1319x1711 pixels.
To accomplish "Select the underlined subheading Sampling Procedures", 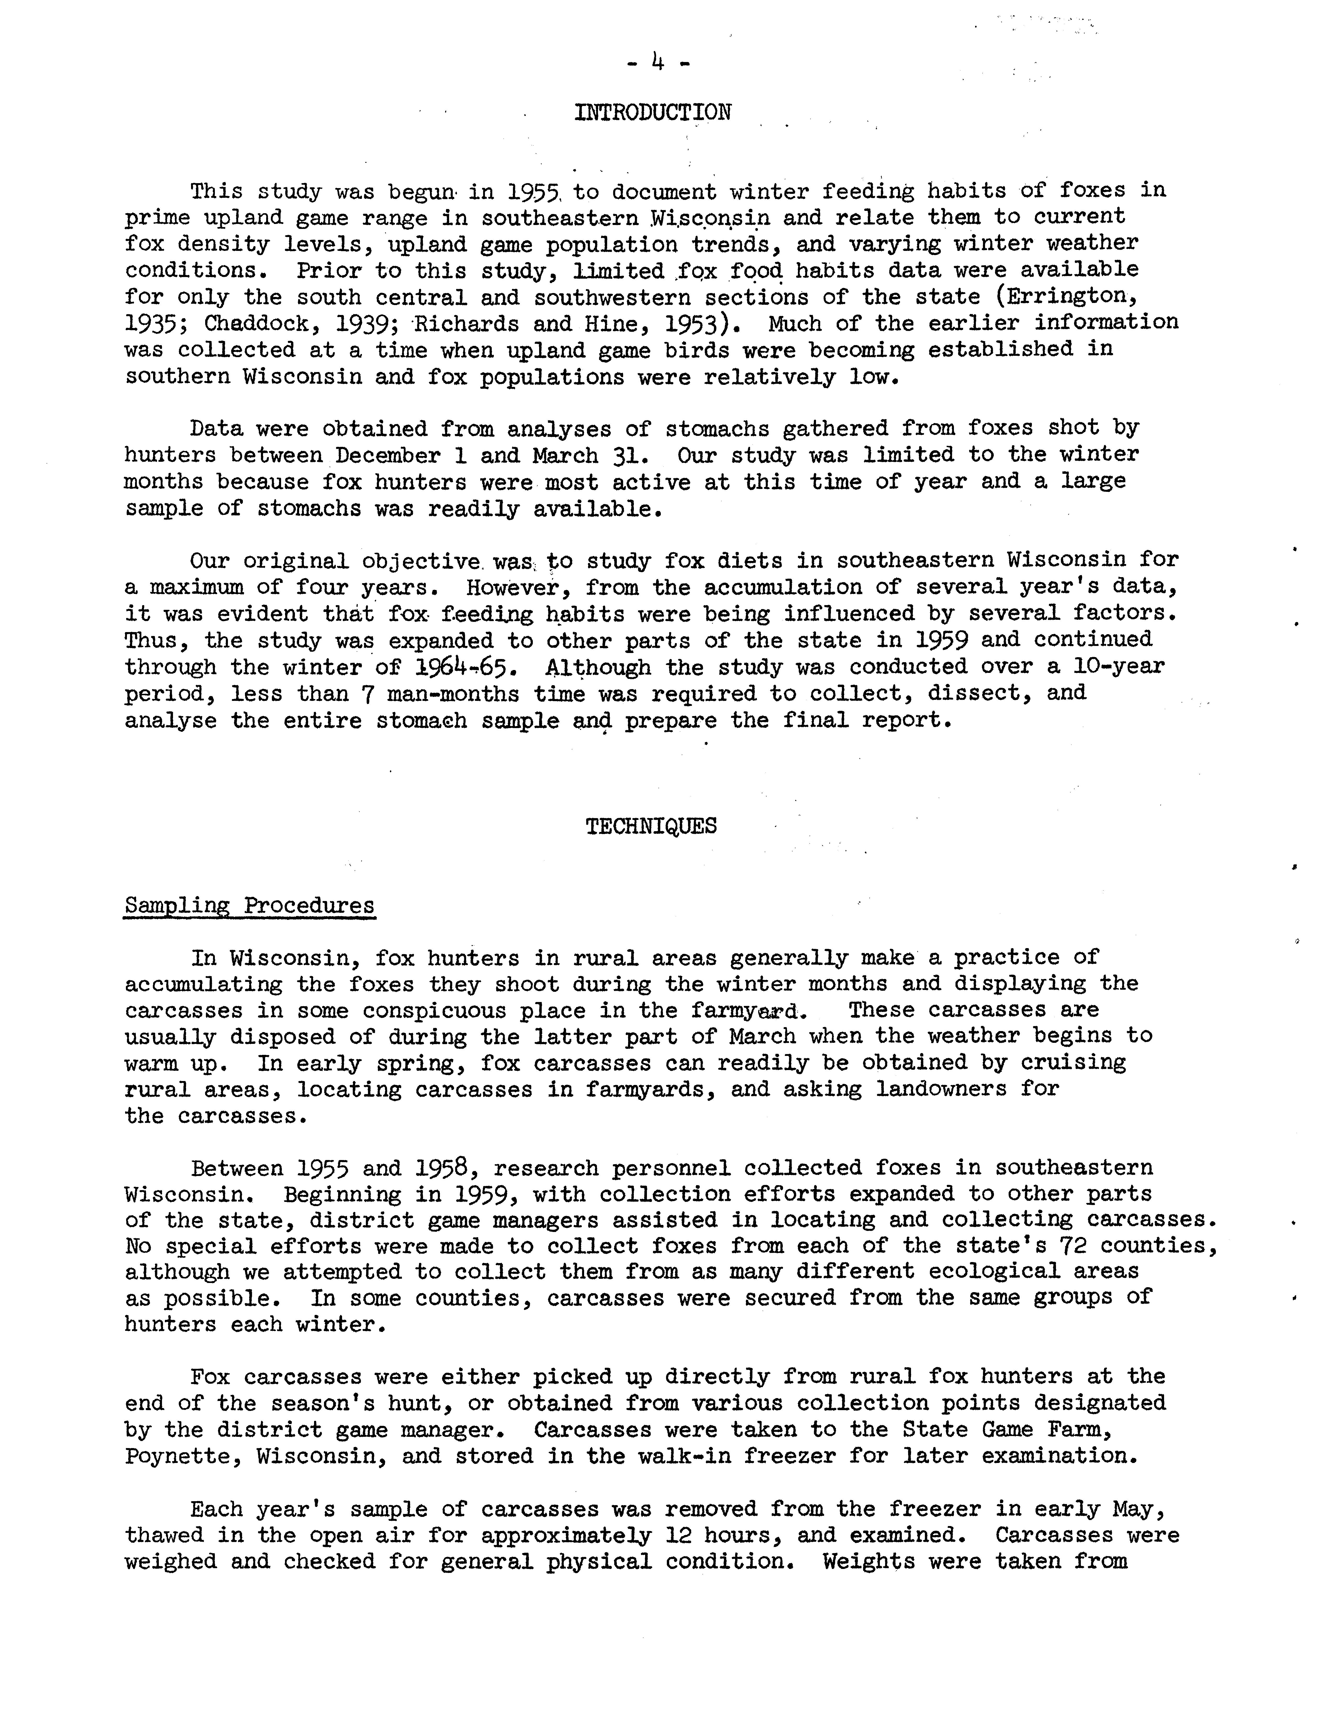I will [x=249, y=906].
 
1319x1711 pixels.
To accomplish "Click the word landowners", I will [x=941, y=1090].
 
